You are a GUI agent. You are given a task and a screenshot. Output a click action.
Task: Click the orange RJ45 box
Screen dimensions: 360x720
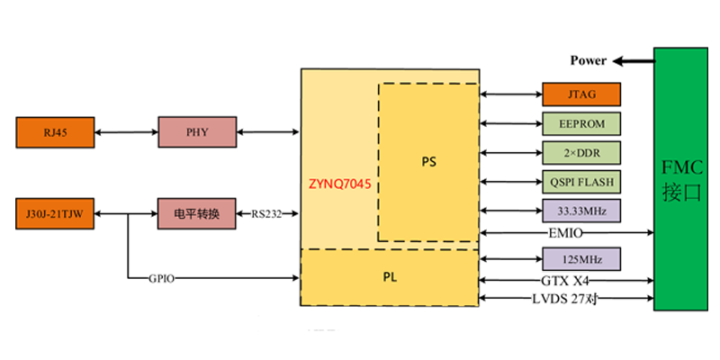pyautogui.click(x=54, y=132)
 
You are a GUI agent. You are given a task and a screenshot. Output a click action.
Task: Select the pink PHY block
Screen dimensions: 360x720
pyautogui.click(x=197, y=132)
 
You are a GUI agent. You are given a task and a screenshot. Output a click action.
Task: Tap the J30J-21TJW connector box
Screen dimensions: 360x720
pyautogui.click(x=54, y=213)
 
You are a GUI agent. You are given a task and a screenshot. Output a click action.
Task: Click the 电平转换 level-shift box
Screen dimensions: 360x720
pyautogui.click(x=197, y=213)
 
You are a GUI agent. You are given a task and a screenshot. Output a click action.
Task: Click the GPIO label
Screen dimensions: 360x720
pyautogui.click(x=161, y=278)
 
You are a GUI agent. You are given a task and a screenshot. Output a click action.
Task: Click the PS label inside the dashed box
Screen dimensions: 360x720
pyautogui.click(x=428, y=161)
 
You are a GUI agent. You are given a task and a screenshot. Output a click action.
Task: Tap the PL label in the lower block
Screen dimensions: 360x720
pyautogui.click(x=390, y=277)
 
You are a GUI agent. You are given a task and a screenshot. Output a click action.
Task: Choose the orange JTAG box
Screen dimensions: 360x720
pyautogui.click(x=582, y=94)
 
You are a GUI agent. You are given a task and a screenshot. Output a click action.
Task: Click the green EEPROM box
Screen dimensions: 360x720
pyautogui.click(x=582, y=123)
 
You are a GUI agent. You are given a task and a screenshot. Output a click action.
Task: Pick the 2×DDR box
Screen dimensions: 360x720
pyautogui.click(x=582, y=152)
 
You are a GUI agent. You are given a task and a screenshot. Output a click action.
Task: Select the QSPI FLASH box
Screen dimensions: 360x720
pyautogui.click(x=582, y=181)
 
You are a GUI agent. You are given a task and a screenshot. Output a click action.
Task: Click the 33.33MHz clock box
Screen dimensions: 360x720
pyautogui.click(x=582, y=210)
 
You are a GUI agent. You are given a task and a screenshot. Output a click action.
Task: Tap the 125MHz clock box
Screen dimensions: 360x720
pyautogui.click(x=582, y=259)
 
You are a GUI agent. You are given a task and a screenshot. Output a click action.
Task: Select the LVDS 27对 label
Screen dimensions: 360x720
pyautogui.click(x=564, y=298)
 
